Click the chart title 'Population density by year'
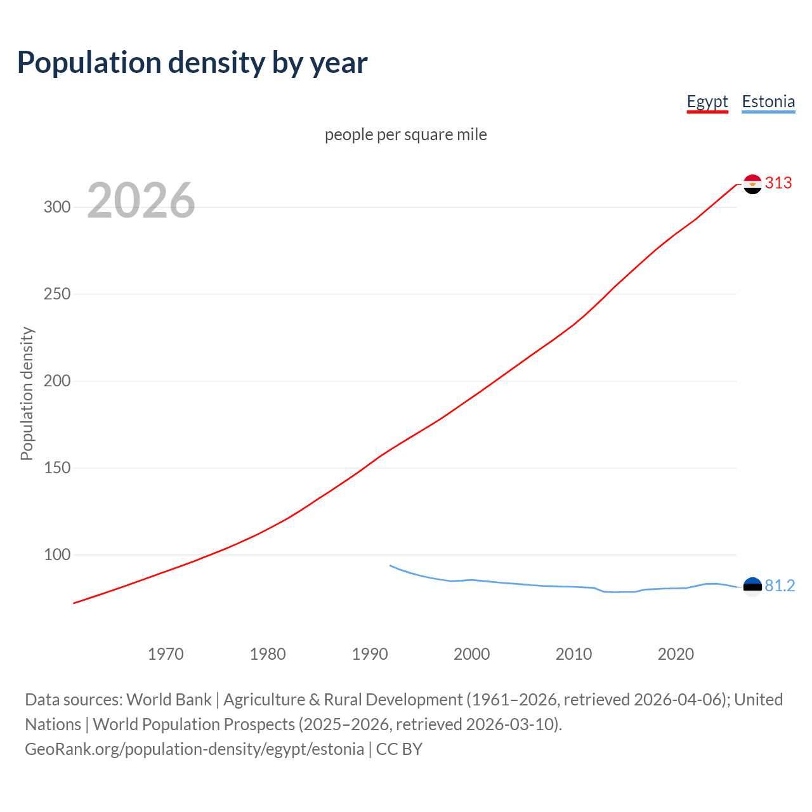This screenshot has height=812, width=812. pyautogui.click(x=192, y=63)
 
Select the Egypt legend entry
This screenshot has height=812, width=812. pyautogui.click(x=707, y=101)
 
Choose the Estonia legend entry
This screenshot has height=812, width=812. pyautogui.click(x=768, y=101)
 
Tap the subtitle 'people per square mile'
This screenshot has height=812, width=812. pyautogui.click(x=406, y=134)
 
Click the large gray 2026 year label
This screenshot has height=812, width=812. pyautogui.click(x=141, y=200)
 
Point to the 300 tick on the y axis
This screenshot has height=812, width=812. pyautogui.click(x=57, y=207)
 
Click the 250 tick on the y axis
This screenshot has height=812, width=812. pyautogui.click(x=57, y=294)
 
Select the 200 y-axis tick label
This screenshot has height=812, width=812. pyautogui.click(x=57, y=381)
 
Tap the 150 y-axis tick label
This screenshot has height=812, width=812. pyautogui.click(x=57, y=468)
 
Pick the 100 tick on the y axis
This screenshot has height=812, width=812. pyautogui.click(x=57, y=555)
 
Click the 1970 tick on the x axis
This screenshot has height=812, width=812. pyautogui.click(x=166, y=654)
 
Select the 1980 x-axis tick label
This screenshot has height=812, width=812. pyautogui.click(x=268, y=654)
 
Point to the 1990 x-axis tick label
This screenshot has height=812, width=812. pyautogui.click(x=370, y=654)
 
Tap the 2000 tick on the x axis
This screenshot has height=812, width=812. pyautogui.click(x=472, y=654)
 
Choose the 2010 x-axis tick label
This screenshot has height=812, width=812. pyautogui.click(x=574, y=654)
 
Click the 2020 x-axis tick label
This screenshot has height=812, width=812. pyautogui.click(x=676, y=654)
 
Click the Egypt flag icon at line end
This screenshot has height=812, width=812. pyautogui.click(x=752, y=184)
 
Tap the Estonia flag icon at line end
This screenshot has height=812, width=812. pyautogui.click(x=752, y=587)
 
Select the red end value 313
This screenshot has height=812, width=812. pyautogui.click(x=778, y=183)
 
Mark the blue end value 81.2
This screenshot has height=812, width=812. pyautogui.click(x=780, y=586)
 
